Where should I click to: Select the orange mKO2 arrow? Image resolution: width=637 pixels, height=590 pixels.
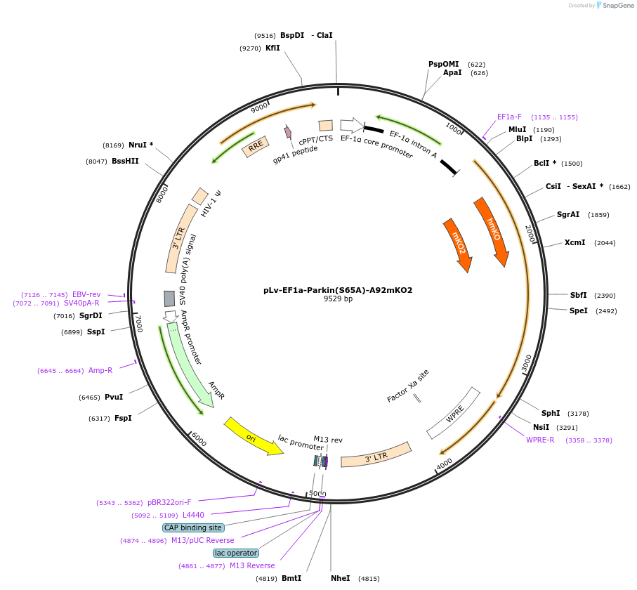[x=458, y=244]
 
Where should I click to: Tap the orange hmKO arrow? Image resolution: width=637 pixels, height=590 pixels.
[x=492, y=230]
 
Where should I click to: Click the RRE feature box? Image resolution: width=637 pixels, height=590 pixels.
[x=256, y=146]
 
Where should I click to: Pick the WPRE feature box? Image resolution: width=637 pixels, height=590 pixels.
[x=454, y=414]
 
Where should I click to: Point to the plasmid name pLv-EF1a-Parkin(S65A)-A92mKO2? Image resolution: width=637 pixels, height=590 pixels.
[x=338, y=289]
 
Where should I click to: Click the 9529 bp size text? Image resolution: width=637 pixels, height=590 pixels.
[x=338, y=299]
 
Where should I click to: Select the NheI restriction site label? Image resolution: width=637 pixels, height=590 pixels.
[x=341, y=578]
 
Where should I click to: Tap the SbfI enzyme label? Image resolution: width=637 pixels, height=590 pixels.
[x=579, y=295]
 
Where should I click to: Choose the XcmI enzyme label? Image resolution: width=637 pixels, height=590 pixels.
[x=574, y=243]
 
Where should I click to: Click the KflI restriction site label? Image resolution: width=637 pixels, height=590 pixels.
[x=272, y=48]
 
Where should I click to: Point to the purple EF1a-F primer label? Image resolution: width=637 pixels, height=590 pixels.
[x=509, y=117]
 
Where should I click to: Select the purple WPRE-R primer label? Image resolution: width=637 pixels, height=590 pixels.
[x=540, y=440]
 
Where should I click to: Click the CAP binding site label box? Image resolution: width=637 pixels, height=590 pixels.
[x=193, y=527]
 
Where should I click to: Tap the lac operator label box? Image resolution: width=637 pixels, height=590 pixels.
[x=236, y=553]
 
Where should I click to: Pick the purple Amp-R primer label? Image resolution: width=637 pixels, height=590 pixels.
[x=100, y=370]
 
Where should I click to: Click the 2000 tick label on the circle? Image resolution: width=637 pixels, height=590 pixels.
[x=530, y=235]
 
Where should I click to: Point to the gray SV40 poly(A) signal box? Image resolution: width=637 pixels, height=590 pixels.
[x=169, y=299]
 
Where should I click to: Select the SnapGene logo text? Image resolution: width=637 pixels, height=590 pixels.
[x=615, y=6]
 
